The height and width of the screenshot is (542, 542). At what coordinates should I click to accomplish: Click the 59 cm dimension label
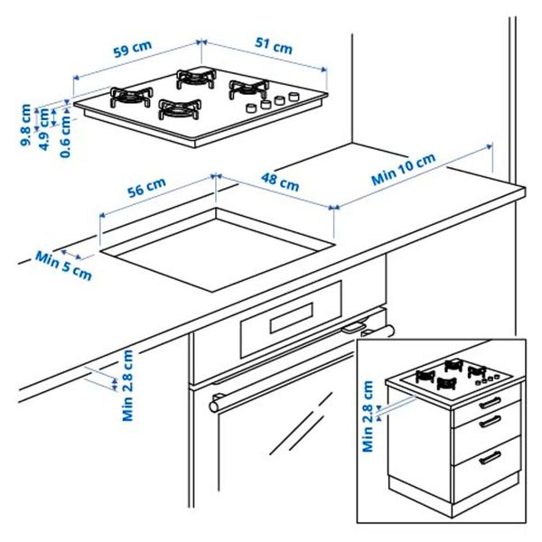point(132,51)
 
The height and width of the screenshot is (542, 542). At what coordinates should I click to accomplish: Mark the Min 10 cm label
point(404,168)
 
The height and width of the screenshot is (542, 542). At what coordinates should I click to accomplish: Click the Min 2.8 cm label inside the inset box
point(368,416)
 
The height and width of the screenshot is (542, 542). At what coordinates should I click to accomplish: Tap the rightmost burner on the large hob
point(248,89)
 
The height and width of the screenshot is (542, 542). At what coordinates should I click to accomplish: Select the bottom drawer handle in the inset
point(489,457)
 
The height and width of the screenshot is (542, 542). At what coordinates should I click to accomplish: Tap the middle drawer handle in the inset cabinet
point(489,423)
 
